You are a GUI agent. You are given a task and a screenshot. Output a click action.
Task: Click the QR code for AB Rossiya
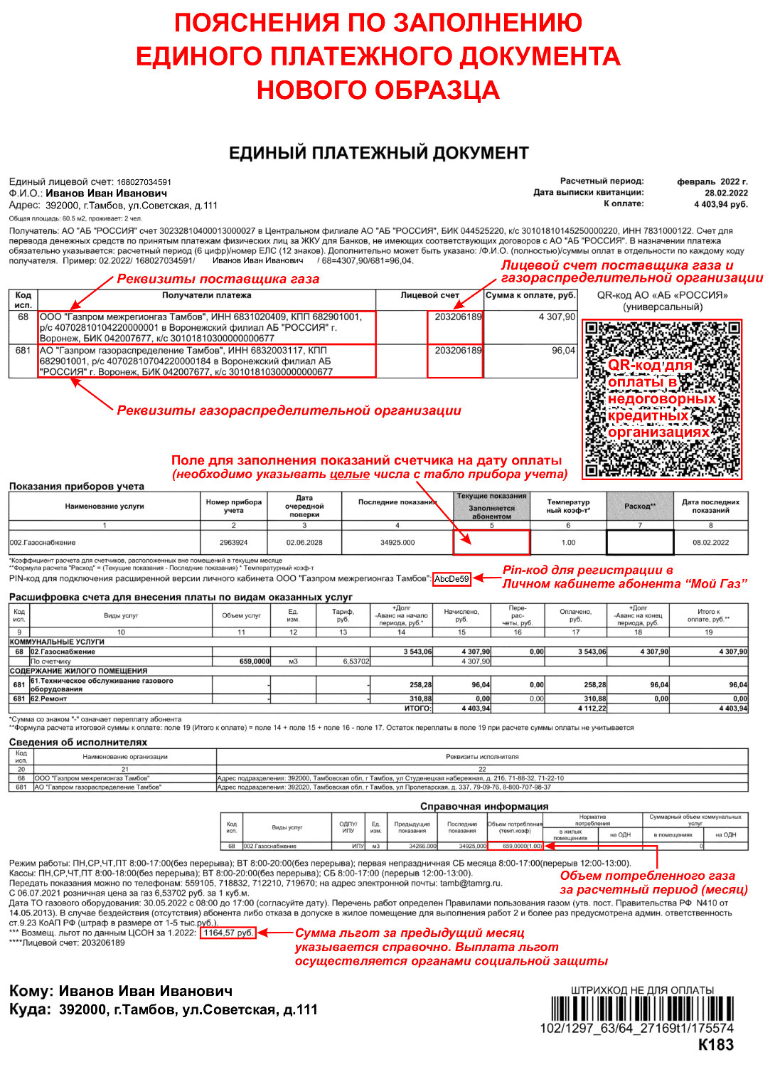point(662,399)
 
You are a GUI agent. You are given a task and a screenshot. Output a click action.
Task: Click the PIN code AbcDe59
point(452,579)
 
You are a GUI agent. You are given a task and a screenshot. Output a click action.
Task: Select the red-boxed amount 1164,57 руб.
point(228,933)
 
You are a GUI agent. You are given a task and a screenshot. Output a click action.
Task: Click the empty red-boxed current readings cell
point(491,542)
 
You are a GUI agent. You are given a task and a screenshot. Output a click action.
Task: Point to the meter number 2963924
point(233,542)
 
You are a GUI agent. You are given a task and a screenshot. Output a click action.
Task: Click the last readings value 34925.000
point(397,542)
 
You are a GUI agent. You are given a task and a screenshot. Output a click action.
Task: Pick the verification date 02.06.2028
point(304,542)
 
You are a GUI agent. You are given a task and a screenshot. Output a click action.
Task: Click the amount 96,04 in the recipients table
point(563,351)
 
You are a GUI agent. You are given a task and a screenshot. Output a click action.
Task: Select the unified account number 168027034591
point(144,182)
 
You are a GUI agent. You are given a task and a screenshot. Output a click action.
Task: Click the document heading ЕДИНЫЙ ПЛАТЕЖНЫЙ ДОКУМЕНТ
point(378,153)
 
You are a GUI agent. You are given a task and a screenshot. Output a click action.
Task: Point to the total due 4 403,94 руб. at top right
point(720,204)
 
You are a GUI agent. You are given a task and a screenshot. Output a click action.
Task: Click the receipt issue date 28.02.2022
point(726,193)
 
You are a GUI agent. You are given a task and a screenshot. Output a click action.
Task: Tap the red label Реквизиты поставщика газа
point(218,279)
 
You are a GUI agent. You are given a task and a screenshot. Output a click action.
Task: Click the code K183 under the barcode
point(715,1045)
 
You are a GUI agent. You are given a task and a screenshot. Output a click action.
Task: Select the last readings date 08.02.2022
point(710,542)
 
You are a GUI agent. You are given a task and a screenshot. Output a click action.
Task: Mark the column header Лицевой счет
point(429,295)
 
